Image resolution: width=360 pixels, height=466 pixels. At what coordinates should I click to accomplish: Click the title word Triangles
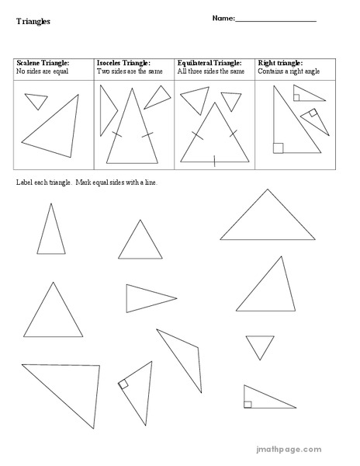click(33, 22)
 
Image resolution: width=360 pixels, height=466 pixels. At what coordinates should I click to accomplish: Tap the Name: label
click(223, 18)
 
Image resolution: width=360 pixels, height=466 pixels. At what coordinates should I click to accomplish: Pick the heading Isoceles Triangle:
click(123, 63)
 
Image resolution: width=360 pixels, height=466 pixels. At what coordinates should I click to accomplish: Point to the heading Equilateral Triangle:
click(209, 63)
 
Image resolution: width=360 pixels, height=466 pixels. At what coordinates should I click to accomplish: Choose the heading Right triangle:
click(279, 63)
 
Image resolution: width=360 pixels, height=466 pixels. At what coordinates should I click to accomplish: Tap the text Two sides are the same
click(129, 71)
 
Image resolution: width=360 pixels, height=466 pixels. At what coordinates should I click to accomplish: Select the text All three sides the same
click(211, 71)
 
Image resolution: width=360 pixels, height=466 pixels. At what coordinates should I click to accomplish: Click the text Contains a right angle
click(286, 71)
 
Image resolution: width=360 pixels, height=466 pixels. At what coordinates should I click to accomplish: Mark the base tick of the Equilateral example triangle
click(215, 162)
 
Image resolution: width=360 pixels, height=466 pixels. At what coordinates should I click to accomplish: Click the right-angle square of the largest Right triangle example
click(278, 148)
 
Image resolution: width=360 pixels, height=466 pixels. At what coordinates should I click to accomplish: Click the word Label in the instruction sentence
click(23, 183)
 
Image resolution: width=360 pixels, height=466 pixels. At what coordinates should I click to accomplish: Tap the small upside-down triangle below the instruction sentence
click(260, 346)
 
